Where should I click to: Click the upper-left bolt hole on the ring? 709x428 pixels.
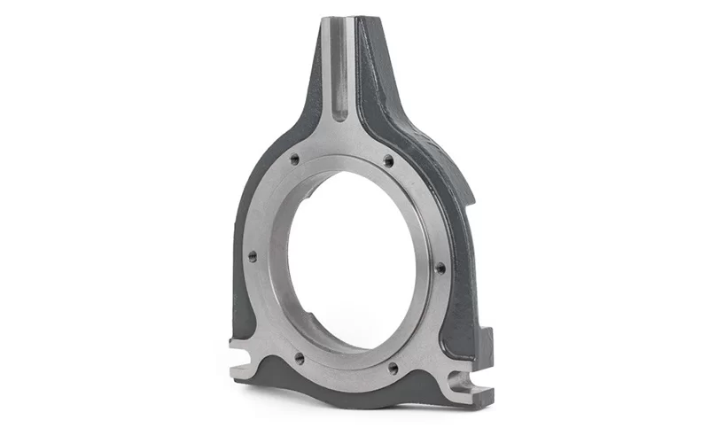295,160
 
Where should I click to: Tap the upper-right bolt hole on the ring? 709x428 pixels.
387,160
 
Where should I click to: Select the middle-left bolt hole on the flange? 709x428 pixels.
253,256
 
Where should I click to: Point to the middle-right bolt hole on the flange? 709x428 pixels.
440,267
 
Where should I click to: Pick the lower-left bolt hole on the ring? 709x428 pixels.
299,358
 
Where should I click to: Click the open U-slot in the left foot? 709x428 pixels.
243,359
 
